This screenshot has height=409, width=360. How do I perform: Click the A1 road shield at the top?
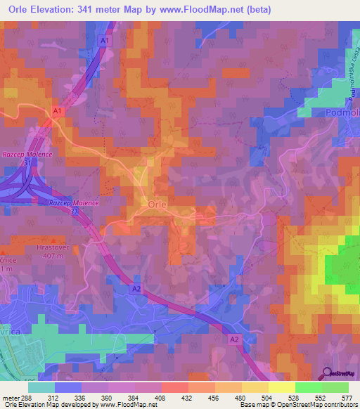[104, 41]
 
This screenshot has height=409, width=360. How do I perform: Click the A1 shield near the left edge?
[57, 110]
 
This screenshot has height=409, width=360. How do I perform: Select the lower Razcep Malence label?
[75, 202]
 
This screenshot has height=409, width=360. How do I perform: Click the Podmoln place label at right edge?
[337, 112]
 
